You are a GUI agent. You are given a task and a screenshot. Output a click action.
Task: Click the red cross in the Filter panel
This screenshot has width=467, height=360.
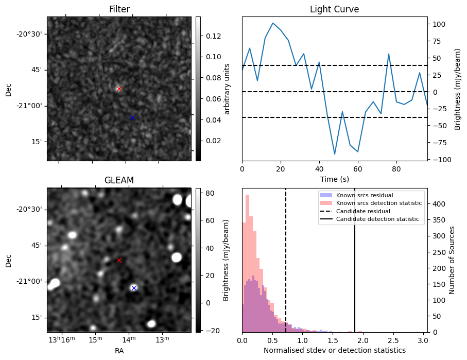click(x=119, y=89)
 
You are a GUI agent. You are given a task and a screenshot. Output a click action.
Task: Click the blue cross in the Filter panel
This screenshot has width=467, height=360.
click(x=132, y=118)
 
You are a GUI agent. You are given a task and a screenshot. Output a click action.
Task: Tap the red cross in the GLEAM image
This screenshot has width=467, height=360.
click(x=119, y=261)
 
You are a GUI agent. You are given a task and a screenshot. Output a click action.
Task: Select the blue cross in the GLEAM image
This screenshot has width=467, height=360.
click(x=134, y=288)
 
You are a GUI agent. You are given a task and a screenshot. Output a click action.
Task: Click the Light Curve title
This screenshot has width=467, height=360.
click(x=334, y=9)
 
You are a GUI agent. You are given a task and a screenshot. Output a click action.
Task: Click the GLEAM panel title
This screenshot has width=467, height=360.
click(x=119, y=180)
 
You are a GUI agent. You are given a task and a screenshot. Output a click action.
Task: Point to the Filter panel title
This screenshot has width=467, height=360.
click(x=119, y=9)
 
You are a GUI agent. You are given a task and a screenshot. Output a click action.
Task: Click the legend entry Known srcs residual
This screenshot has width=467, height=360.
click(x=365, y=195)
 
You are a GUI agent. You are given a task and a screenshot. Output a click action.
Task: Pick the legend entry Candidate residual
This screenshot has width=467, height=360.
click(x=363, y=211)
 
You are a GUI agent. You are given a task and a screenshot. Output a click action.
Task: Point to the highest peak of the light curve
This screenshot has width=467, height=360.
click(x=273, y=23)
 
